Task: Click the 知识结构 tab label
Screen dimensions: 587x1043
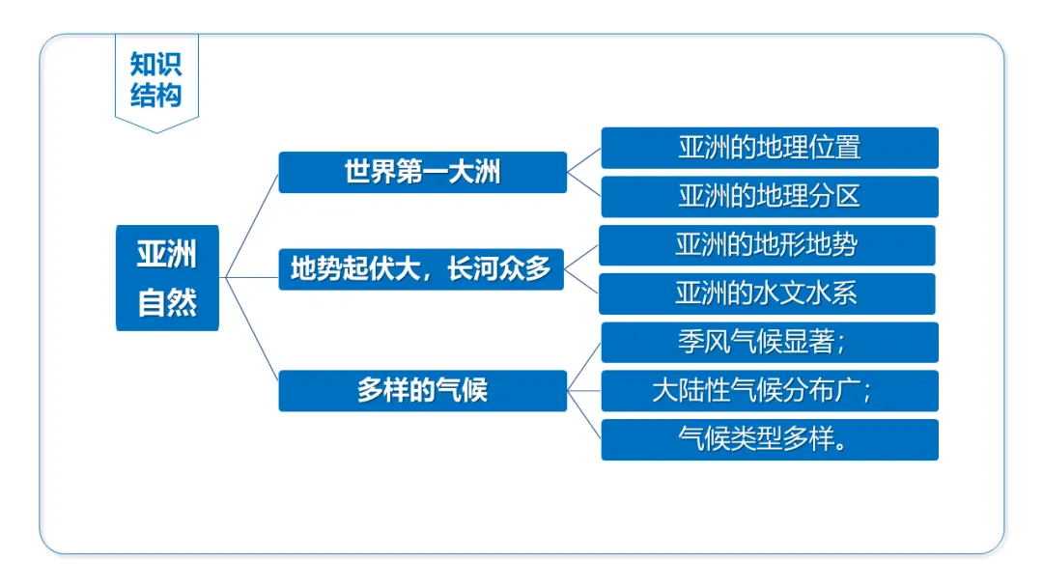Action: coord(156,79)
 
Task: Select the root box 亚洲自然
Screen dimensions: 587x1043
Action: coord(167,278)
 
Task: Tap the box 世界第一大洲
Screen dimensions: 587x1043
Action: coord(422,172)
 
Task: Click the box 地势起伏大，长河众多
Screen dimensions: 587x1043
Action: coord(421,269)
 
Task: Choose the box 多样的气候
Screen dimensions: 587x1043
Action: coord(422,391)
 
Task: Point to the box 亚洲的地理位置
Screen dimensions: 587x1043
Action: coord(769,148)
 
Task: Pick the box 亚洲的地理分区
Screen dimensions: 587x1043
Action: coord(769,196)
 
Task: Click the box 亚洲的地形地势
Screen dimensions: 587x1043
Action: coord(766,245)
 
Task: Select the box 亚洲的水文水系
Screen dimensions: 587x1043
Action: coord(766,293)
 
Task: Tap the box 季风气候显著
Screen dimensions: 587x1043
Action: coord(769,343)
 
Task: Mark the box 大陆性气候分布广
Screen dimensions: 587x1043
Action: coord(769,391)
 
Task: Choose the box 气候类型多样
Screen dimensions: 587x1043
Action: coord(769,439)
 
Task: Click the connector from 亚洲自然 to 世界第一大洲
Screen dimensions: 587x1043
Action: coord(252,227)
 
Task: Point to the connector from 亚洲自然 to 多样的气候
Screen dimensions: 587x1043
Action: coord(252,334)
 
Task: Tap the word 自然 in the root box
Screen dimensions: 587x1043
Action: coord(167,303)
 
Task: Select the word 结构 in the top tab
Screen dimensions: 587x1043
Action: coord(156,95)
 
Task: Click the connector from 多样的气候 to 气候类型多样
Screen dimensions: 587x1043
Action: coord(584,415)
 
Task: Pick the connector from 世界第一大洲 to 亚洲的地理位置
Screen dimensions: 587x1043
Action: coord(583,160)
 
